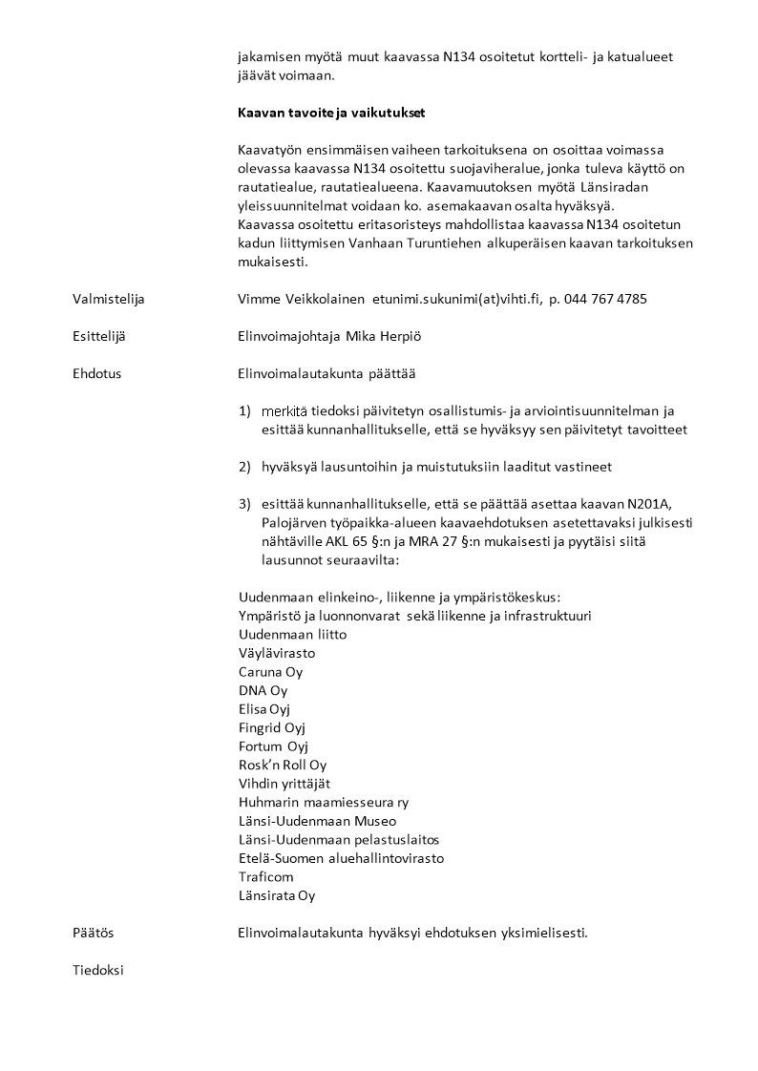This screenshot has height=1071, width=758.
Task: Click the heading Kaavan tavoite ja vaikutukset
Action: [331, 113]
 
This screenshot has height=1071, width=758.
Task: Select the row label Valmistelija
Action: [108, 299]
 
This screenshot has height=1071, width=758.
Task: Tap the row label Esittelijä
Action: [98, 336]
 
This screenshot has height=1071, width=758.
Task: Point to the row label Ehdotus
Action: [96, 373]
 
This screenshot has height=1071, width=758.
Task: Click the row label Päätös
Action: [93, 933]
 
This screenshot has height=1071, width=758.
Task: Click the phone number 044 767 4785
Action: [605, 299]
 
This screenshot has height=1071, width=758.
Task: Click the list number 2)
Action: [245, 467]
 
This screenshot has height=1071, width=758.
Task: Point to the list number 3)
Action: [245, 504]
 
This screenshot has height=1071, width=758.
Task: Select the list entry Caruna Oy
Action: [270, 672]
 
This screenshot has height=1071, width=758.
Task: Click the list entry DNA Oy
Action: [263, 690]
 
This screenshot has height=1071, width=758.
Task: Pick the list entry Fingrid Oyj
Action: [271, 728]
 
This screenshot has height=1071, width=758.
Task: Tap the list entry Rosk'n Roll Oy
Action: [283, 766]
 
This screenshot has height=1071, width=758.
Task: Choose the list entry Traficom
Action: [266, 877]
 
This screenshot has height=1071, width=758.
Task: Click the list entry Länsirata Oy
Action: [277, 895]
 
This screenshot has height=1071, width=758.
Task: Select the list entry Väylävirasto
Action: [277, 654]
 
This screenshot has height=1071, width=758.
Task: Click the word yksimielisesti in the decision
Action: [543, 933]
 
